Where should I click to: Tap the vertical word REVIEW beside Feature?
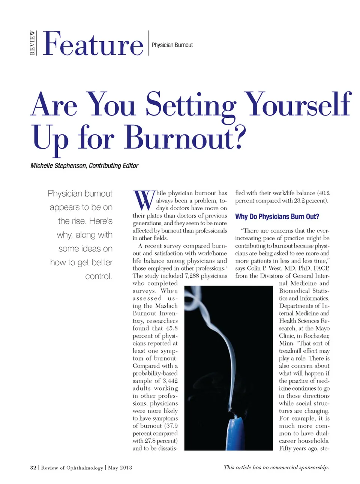coord(33,43)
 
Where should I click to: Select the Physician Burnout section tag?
coord(172,45)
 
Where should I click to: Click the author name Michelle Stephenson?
coord(58,166)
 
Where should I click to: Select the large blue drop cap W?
coord(144,200)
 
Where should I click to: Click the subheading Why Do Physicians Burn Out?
coord(277,216)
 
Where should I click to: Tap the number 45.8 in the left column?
coord(172,328)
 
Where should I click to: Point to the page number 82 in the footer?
coord(33,467)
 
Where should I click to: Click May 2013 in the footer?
coord(120,467)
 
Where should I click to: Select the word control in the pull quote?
coord(98,277)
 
